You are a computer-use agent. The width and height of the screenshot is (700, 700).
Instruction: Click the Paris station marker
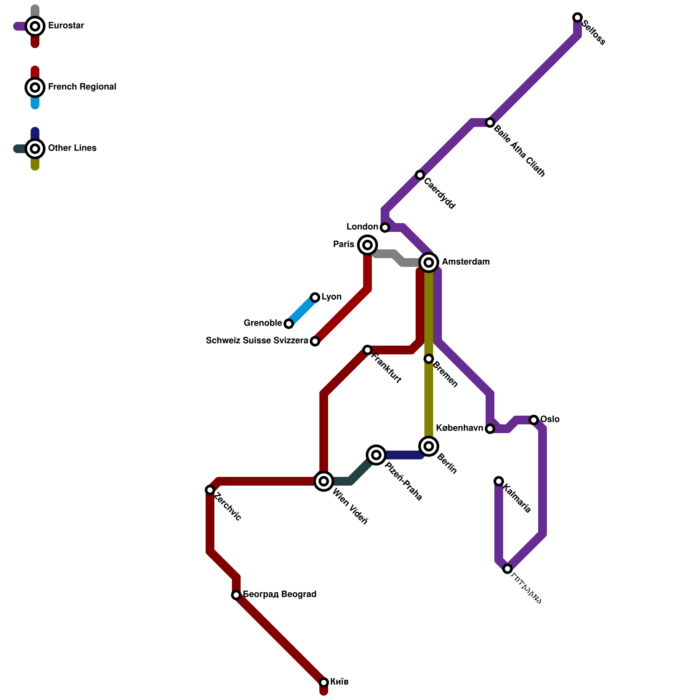(x=367, y=245)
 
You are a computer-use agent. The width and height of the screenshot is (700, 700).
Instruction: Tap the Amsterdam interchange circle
(x=429, y=262)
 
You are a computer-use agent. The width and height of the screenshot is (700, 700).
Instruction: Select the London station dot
(x=385, y=227)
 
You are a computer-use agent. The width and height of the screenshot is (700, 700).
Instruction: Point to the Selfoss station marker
(x=577, y=17)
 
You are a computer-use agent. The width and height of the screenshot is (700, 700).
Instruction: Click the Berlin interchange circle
(x=429, y=446)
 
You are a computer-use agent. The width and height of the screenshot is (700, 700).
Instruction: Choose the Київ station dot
(x=324, y=682)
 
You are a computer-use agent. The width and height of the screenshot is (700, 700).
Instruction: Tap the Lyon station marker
(x=315, y=297)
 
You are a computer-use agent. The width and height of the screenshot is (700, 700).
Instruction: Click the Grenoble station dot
(x=289, y=324)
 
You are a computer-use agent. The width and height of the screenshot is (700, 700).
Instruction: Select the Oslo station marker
(x=534, y=420)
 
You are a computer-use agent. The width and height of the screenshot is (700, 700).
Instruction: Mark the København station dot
(x=490, y=429)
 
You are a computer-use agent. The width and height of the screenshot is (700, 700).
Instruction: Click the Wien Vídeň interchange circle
(x=324, y=481)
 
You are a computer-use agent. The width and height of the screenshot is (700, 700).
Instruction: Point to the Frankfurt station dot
(x=367, y=350)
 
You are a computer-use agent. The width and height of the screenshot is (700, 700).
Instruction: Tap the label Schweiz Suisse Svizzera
(x=257, y=341)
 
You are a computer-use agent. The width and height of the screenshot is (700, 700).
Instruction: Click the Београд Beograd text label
(x=280, y=595)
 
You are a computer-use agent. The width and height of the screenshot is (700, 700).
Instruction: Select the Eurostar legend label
(x=66, y=26)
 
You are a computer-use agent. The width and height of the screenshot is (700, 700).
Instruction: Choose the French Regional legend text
(x=82, y=87)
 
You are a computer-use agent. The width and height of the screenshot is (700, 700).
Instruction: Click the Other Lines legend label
(x=72, y=148)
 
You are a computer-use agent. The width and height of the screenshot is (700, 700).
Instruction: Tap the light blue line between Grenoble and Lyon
(x=302, y=311)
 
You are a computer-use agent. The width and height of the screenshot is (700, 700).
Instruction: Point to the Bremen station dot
(x=429, y=359)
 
